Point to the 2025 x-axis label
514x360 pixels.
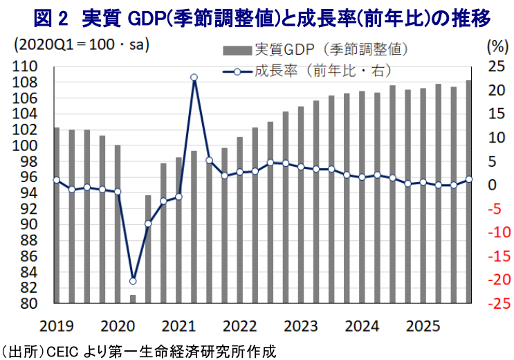pyautogui.click(x=423, y=325)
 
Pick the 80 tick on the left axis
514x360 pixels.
pyautogui.click(x=30, y=304)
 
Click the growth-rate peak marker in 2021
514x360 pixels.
pyautogui.click(x=194, y=78)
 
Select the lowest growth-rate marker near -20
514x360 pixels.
pyautogui.click(x=133, y=281)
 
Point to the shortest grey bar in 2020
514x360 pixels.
pyautogui.click(x=133, y=298)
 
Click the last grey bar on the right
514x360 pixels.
pyautogui.click(x=469, y=192)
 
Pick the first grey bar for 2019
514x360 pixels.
pyautogui.click(x=56, y=215)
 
